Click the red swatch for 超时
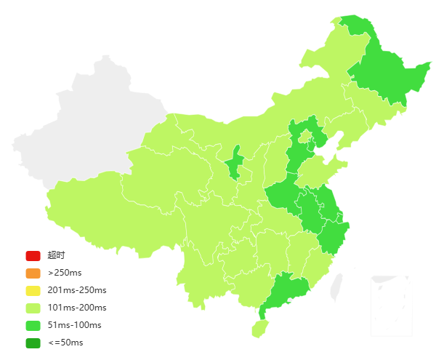coord(33,255)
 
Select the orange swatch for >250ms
coord(33,273)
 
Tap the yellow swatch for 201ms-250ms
coord(33,290)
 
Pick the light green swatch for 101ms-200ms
coord(33,308)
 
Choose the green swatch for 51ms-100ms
coord(33,325)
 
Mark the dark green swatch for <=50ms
coord(33,343)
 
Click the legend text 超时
coord(57,255)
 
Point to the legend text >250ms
coord(65,273)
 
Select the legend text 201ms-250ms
coord(77,290)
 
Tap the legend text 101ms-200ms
coord(77,308)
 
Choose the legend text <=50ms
coord(65,343)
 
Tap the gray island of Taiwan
coord(336,288)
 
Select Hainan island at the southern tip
coord(259,329)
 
